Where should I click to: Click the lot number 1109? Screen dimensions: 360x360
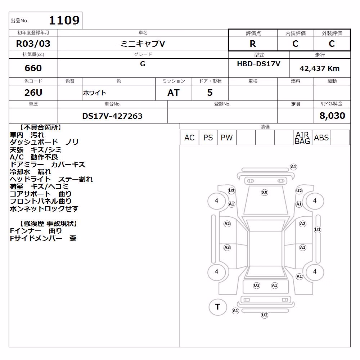coord(64,20)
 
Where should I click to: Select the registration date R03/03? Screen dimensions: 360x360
coord(33,44)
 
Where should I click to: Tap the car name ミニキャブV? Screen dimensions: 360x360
coord(143,44)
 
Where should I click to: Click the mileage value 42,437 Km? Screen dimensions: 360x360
coord(319,68)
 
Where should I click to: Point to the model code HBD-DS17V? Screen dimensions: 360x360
coord(258,64)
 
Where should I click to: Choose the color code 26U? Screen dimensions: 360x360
coord(33,93)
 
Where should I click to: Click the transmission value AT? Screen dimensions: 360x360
coord(174,93)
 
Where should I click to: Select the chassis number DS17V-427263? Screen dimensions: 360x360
coord(112,116)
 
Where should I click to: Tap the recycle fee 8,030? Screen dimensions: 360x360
coord(332,116)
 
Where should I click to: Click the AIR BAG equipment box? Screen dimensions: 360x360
coord(302,138)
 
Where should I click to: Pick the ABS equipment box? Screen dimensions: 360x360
coord(321,138)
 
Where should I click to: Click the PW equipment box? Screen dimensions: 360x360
coord(227,138)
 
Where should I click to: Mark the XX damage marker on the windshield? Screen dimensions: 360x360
coord(265,192)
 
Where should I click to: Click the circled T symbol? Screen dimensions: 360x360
coord(218,307)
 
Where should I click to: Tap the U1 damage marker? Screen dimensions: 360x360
coord(318,230)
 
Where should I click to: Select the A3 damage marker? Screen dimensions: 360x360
coord(227,248)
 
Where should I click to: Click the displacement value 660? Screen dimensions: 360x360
coord(33,68)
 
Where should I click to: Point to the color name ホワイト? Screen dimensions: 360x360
coord(94,93)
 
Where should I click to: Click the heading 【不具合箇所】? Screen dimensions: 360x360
coord(41,127)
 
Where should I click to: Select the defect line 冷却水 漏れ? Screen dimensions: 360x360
coord(30,172)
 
